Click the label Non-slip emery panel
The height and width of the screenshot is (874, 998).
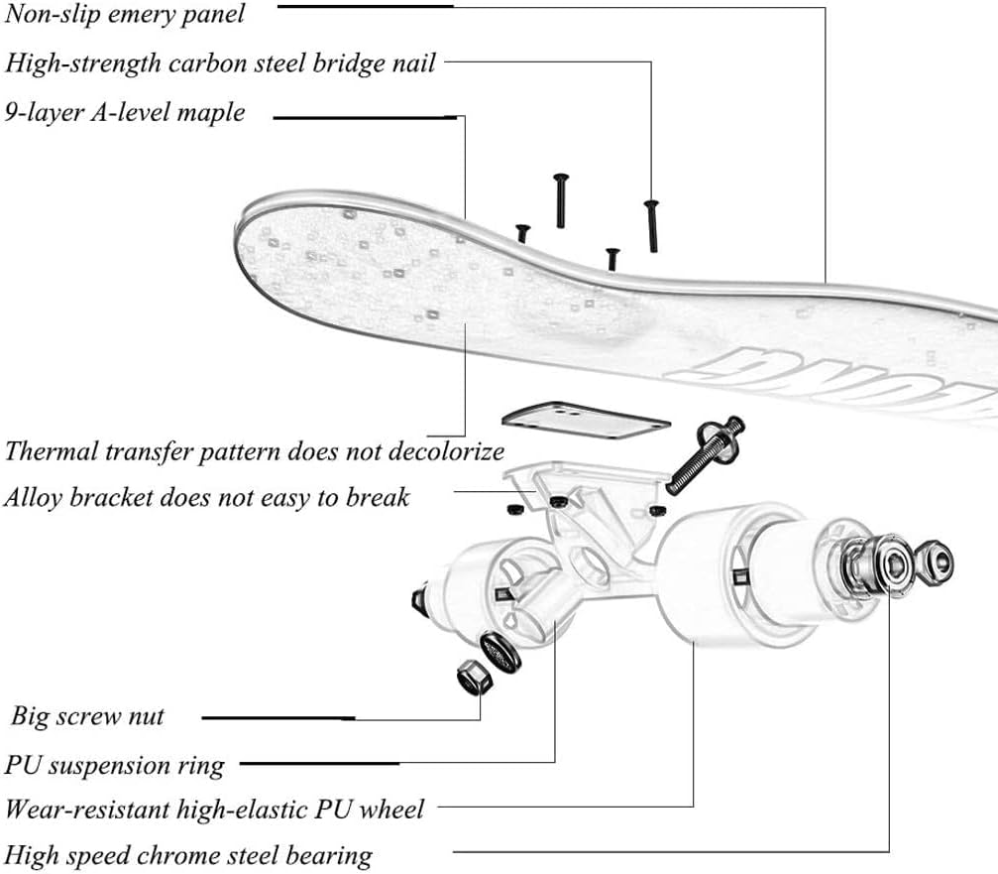coord(125,16)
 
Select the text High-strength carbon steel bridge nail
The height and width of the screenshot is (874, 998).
coord(220,64)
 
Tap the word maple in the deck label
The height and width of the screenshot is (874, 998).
coord(211,113)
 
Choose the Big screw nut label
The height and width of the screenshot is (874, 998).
coord(88,716)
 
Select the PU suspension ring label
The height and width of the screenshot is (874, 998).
coord(115,766)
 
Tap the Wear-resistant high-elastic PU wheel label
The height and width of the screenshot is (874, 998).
coord(214,810)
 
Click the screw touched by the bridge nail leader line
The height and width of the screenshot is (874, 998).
coord(651,224)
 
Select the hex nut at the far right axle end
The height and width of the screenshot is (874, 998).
coord(933,564)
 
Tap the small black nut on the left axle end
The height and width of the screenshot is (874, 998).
coord(418,599)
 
